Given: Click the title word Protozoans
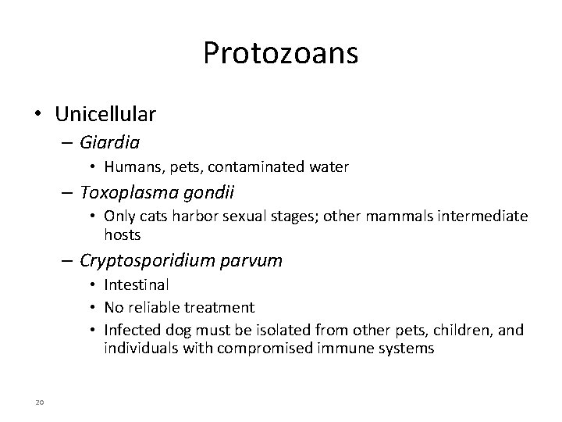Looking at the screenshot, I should point(280,53).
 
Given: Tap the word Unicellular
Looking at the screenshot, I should point(105,114).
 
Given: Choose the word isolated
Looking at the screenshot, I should point(258,330).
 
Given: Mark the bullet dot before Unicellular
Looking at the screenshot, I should point(38,115).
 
